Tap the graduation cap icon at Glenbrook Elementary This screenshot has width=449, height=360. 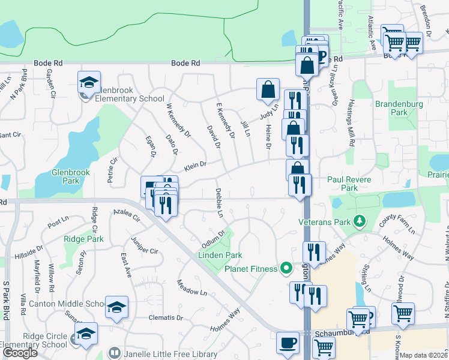pos(89,83)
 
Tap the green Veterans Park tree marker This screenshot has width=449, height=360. pos(360,222)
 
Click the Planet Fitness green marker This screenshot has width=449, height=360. pos(287,268)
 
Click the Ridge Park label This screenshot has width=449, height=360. pos(83,239)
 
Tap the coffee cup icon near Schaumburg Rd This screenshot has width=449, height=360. pos(288,344)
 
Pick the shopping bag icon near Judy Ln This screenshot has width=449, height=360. pos(268,90)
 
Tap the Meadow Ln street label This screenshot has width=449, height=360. pos(191,287)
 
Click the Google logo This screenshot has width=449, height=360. pos(20,353)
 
